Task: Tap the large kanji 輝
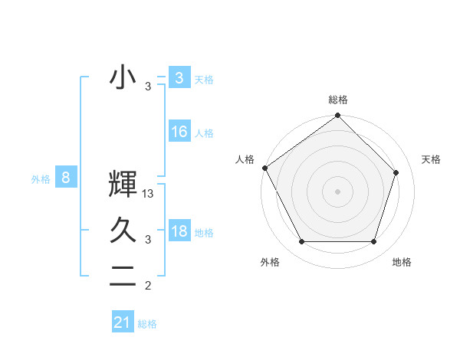coord(123,185)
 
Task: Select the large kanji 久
coord(123,230)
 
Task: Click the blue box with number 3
coord(179,77)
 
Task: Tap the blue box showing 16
coord(179,132)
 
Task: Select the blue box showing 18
coord(179,231)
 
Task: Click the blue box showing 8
coord(66,178)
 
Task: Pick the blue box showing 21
coord(123,322)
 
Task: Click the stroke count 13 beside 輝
coord(149,195)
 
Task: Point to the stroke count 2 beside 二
coord(148,286)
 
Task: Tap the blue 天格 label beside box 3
coord(204,79)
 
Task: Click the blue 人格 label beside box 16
coord(204,133)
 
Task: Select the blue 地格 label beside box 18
coord(204,233)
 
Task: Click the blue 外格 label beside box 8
coord(41,180)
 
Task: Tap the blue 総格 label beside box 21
coord(147,324)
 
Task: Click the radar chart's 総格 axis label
coord(338,100)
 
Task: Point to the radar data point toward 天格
coord(396,172)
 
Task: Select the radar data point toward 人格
coord(264,168)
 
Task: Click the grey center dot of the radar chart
coord(338,191)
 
